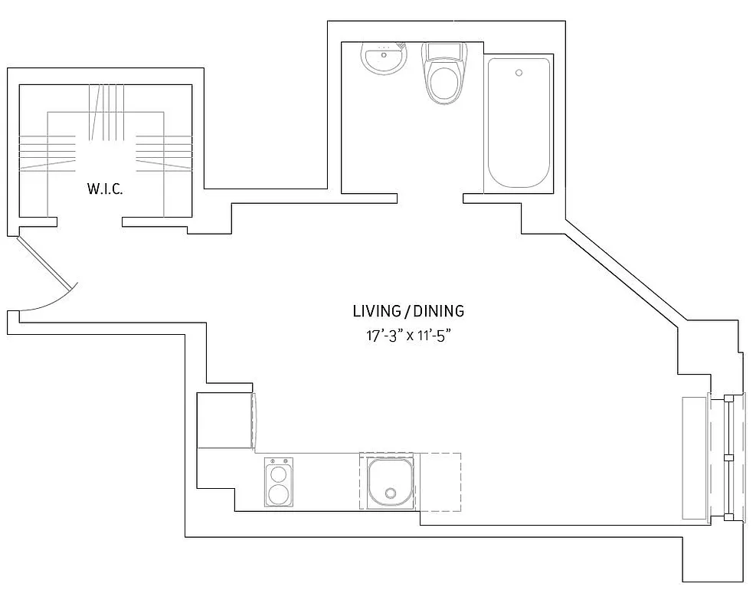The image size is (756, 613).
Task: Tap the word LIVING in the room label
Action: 377,311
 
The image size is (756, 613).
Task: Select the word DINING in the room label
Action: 438,311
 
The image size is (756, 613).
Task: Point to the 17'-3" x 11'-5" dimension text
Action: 407,336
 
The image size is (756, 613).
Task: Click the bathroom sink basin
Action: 384,59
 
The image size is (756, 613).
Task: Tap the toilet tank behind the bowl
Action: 445,52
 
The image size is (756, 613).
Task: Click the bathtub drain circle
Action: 519,74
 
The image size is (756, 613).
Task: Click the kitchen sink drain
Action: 391,493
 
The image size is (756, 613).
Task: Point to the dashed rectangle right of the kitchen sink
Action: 439,481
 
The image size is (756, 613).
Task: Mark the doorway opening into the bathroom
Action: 430,198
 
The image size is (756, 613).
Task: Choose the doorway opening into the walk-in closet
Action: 90,223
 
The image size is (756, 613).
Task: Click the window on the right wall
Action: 727,457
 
